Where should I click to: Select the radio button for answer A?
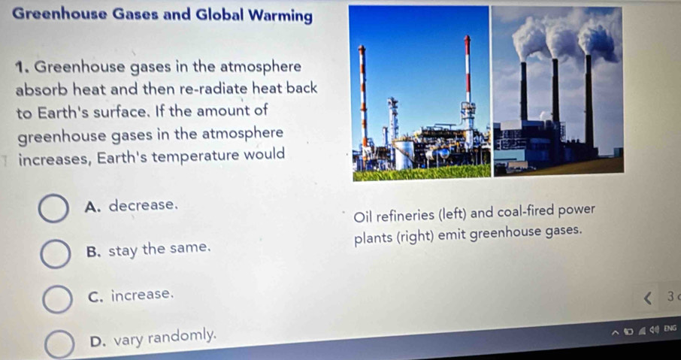point(53,209)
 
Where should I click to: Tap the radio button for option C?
point(57,300)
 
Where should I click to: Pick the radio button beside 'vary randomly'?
point(60,343)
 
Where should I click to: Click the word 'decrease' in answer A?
point(142,204)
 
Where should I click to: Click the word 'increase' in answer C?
point(141,295)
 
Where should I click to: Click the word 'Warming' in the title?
point(280,15)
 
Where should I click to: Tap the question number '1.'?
point(22,68)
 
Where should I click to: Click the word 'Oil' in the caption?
point(362,216)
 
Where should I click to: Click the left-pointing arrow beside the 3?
point(648,298)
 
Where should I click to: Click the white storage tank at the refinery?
point(404,154)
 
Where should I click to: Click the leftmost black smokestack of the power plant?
point(524,92)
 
